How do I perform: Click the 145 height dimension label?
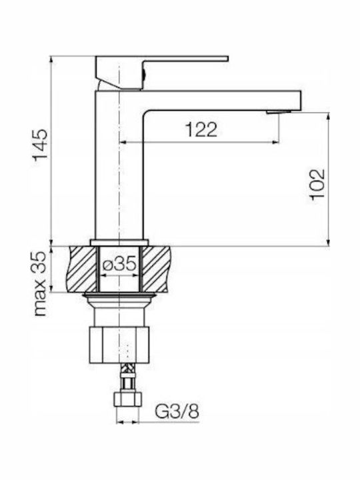click(41, 145)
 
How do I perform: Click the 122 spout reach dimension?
click(201, 129)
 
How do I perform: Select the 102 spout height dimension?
click(317, 184)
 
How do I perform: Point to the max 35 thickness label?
click(41, 283)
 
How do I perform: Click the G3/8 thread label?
click(177, 411)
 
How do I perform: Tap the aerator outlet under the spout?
click(279, 112)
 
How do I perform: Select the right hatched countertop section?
click(155, 269)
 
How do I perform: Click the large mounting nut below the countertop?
click(119, 345)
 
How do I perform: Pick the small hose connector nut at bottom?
click(127, 399)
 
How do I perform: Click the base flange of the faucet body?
click(119, 243)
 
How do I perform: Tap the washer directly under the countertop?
click(119, 295)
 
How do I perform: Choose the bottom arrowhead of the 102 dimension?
click(329, 242)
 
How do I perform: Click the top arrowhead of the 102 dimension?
click(329, 117)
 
